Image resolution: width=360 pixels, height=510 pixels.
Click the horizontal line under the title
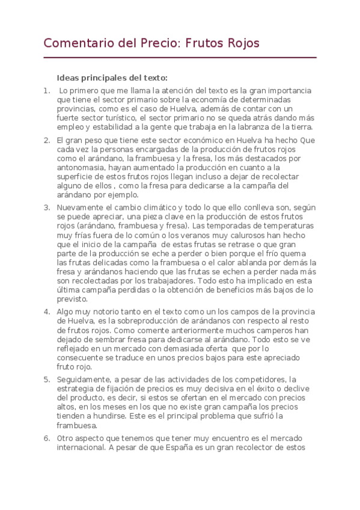tap(180, 58)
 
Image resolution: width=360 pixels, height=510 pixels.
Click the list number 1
tap(46, 91)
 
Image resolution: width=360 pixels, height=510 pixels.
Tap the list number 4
tap(46, 312)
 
